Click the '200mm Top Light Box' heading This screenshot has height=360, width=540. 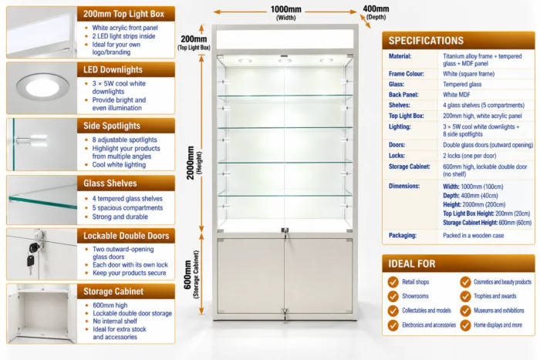tap(123, 14)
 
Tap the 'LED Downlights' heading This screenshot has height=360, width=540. tap(113, 70)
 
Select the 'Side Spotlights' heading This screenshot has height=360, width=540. tap(112, 126)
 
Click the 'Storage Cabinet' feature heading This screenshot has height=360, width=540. tap(113, 291)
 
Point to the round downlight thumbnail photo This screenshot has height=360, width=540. tap(42, 88)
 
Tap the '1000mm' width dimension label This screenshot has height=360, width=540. tap(286, 9)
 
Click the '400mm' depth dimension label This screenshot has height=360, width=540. tap(376, 8)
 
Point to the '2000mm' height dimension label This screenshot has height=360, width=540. tap(191, 163)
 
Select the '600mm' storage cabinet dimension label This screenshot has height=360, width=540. tap(188, 274)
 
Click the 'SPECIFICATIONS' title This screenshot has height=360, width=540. tap(426, 41)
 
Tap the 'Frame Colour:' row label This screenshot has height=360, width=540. tap(407, 74)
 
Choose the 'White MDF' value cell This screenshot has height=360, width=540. tap(457, 95)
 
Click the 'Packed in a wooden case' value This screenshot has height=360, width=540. tap(473, 235)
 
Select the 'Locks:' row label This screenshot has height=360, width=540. tap(397, 156)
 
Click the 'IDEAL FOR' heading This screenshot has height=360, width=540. tap(412, 264)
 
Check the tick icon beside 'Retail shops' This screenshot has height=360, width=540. tap(393, 282)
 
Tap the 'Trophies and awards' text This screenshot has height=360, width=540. tap(495, 296)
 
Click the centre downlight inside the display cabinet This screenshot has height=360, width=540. tap(285, 61)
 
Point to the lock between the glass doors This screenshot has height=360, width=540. tap(285, 231)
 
